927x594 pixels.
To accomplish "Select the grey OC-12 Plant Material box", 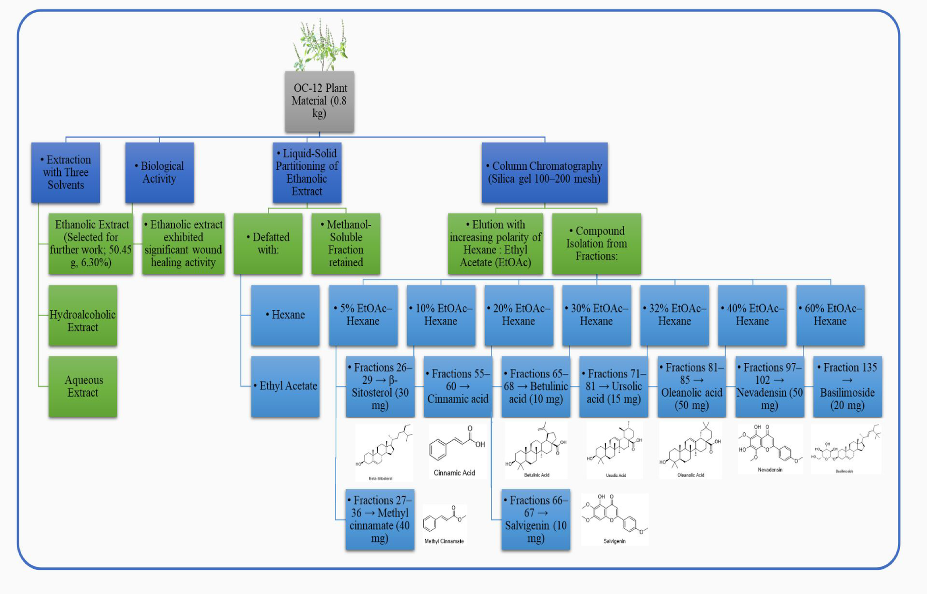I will (x=319, y=101).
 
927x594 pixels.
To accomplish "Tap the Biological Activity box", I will (x=159, y=173).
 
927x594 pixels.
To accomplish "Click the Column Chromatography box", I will (x=544, y=173).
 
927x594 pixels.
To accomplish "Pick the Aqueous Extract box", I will (x=83, y=387).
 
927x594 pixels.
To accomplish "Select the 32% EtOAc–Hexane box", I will (x=674, y=315).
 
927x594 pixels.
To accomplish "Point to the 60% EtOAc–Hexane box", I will (x=830, y=315).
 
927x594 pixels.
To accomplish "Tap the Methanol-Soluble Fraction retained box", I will (x=346, y=244).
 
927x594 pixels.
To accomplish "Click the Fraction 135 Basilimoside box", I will (x=847, y=387).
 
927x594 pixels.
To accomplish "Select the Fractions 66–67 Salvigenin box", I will (x=536, y=520).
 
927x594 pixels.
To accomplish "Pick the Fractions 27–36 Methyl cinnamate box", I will (x=379, y=520).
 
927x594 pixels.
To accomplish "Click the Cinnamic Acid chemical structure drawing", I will (x=456, y=445).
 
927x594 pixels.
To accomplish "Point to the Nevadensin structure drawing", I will (x=770, y=446).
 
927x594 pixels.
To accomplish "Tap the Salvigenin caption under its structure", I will (x=614, y=541).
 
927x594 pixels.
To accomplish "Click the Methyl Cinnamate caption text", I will (x=444, y=541).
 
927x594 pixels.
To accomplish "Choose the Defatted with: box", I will (x=268, y=244).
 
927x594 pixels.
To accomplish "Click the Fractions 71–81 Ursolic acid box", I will (x=614, y=387).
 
